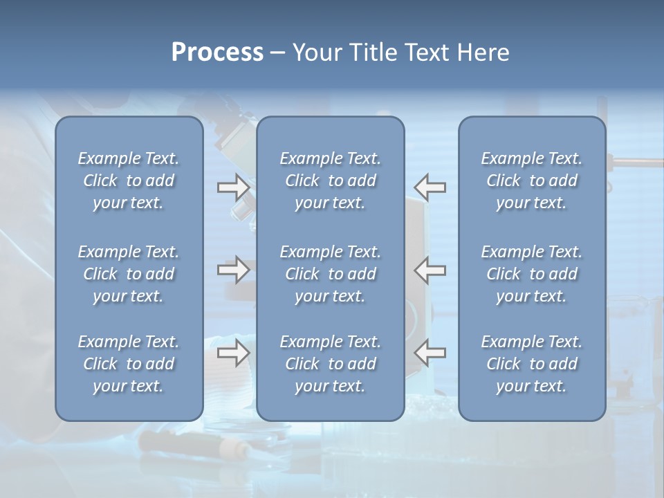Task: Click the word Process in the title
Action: (217, 53)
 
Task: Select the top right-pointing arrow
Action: (233, 187)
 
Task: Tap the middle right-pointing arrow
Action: (233, 270)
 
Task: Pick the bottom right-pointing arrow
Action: (233, 353)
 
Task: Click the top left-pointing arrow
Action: (430, 187)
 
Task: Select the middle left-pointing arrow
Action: (430, 270)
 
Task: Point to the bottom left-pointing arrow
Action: (430, 353)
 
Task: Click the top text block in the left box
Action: (129, 181)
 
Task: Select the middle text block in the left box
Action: (129, 274)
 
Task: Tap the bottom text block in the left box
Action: (129, 364)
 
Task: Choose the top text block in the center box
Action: (330, 181)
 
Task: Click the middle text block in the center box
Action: (330, 274)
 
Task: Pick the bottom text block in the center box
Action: (330, 364)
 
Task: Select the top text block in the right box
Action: (531, 181)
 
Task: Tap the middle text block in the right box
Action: (531, 274)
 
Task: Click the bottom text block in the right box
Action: (531, 364)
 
